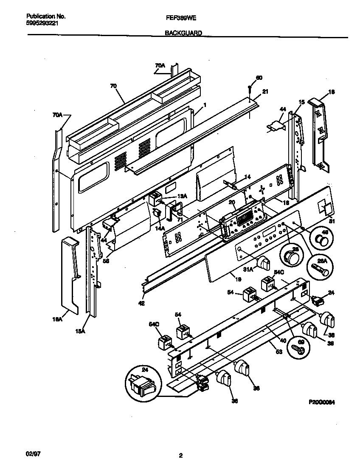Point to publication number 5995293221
pos(39,23)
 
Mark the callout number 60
pos(259,78)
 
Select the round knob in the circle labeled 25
pos(290,257)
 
